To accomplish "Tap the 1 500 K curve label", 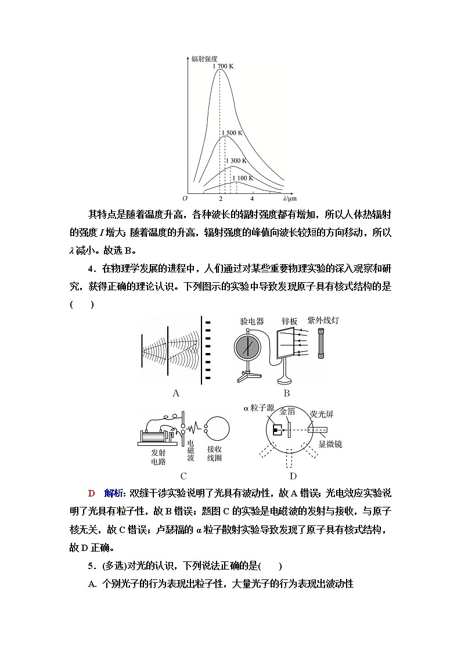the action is point(230,133).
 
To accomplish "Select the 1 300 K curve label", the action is point(235,161).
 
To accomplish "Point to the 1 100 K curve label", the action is point(243,178).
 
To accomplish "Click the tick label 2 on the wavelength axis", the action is point(220,199).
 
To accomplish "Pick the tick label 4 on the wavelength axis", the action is point(251,199).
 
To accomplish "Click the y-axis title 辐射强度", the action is point(204,59).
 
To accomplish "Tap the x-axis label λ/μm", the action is point(282,199).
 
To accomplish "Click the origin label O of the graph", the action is point(185,199).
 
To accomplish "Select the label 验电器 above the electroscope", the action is point(251,321).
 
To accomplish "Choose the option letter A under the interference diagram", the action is point(176,393).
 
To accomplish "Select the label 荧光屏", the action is point(322,414).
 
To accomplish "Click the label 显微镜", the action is point(330,444).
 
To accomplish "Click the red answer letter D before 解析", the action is point(91,493).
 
